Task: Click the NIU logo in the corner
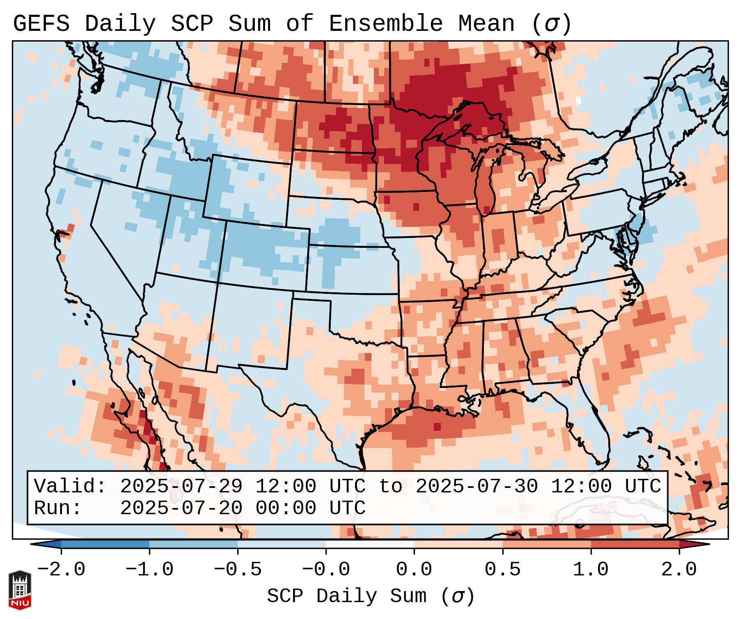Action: tap(20, 589)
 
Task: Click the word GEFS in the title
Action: tap(41, 24)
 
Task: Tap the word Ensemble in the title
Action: tap(386, 24)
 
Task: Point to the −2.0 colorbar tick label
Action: tap(61, 570)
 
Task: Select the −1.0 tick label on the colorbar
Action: tap(149, 570)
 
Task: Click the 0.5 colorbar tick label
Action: tap(503, 570)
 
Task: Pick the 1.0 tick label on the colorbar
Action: tap(591, 570)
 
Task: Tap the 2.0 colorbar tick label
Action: tap(679, 570)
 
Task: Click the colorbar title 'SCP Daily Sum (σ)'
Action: tap(371, 596)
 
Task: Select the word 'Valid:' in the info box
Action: tap(70, 487)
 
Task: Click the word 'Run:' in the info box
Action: tap(58, 508)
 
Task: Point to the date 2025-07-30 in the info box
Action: tap(477, 487)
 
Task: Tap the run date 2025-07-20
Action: tap(181, 508)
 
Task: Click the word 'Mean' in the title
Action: tap(486, 24)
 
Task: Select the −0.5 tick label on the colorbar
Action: tap(238, 570)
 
